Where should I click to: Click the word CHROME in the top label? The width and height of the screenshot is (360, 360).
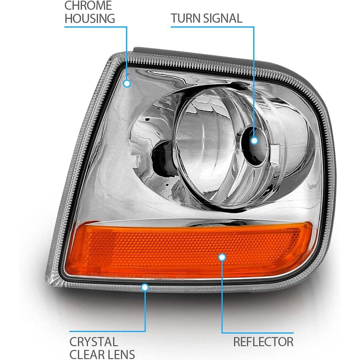88,6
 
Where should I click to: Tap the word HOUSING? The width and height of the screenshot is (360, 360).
90,18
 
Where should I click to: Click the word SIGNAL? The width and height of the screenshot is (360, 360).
222,18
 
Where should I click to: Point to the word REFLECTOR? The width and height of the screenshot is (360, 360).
263,342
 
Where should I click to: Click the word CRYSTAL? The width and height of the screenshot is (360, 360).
94,342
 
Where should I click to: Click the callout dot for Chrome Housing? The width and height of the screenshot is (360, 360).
127,84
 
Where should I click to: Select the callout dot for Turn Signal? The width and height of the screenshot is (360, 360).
254,140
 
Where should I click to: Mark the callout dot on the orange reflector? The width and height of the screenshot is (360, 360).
222,257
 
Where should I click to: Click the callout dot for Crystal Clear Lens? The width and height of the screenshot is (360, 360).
145,287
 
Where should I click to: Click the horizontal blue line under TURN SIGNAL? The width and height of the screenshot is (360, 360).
212,27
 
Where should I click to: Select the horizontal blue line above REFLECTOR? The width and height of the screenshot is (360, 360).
258,333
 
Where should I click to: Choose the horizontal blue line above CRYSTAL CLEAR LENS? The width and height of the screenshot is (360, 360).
108,331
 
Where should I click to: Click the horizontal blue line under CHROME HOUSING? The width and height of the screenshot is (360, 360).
96,27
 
